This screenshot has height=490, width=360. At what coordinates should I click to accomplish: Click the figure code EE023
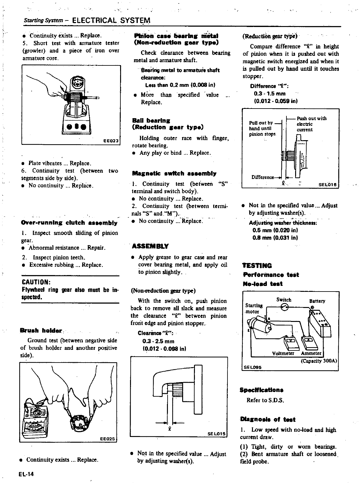(x=111, y=141)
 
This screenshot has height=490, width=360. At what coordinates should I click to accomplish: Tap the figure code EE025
(x=108, y=439)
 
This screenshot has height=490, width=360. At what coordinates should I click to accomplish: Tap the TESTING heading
(x=257, y=265)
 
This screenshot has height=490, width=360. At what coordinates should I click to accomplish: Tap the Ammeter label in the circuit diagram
(x=311, y=354)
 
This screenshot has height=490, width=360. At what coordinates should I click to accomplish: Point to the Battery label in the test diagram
(x=317, y=301)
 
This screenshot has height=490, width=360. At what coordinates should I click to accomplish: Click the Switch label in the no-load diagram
(x=284, y=300)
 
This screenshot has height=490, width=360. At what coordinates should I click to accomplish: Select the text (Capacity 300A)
(x=319, y=361)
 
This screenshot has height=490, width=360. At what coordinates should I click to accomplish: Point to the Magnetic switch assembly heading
(x=174, y=173)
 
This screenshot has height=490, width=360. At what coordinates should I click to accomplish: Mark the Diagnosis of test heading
(x=268, y=420)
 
